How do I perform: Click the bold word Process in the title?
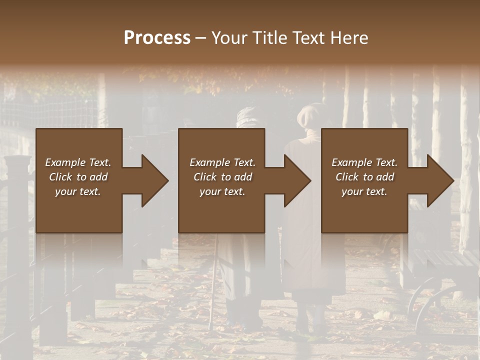tap(157, 37)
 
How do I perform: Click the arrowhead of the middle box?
tap(297, 180)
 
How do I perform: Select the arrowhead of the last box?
tap(440, 180)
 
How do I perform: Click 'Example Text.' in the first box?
tap(78, 162)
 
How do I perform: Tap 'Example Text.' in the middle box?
tap(222, 162)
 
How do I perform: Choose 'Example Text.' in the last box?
tap(364, 162)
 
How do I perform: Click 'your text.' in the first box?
tap(78, 191)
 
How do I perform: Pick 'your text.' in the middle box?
tap(222, 191)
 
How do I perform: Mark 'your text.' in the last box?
tap(364, 191)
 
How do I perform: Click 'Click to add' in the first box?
tap(78, 177)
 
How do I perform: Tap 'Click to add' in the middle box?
tap(222, 177)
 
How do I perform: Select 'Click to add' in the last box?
tap(364, 177)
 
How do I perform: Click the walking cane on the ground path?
tap(214, 285)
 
